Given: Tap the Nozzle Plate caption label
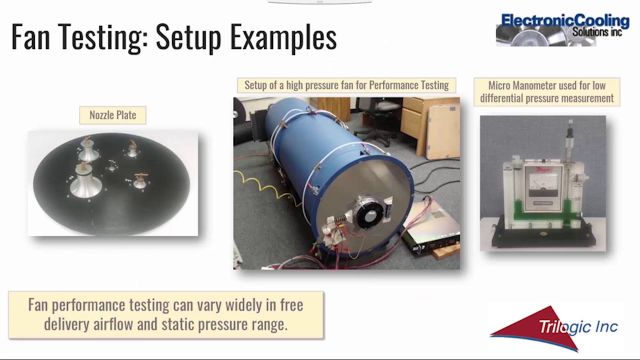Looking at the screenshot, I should pos(112,115).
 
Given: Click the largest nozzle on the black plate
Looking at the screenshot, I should pos(85,182).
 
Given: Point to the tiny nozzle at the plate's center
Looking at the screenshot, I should pos(111,165).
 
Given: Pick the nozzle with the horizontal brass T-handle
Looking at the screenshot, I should pos(139,180).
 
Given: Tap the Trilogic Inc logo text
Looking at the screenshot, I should pos(577,327).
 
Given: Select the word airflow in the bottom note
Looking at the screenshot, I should pos(114,324).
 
